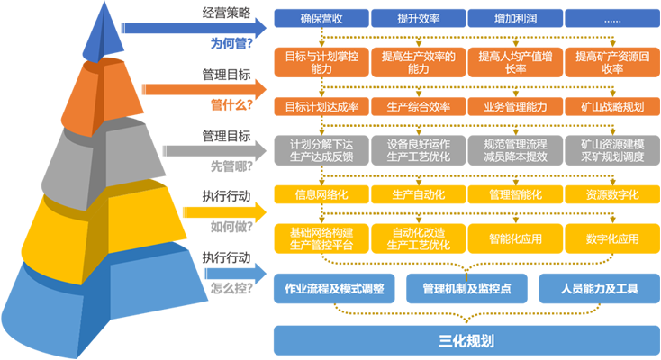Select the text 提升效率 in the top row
(x=419, y=18)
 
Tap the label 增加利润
(x=516, y=18)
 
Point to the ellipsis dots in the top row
(x=612, y=18)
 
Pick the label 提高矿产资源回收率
(x=612, y=62)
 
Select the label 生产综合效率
(x=419, y=106)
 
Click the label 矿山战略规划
(x=612, y=106)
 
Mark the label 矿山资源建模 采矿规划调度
(x=612, y=150)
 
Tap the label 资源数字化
(x=612, y=194)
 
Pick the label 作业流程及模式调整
(x=334, y=289)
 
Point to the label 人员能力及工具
(x=599, y=289)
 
